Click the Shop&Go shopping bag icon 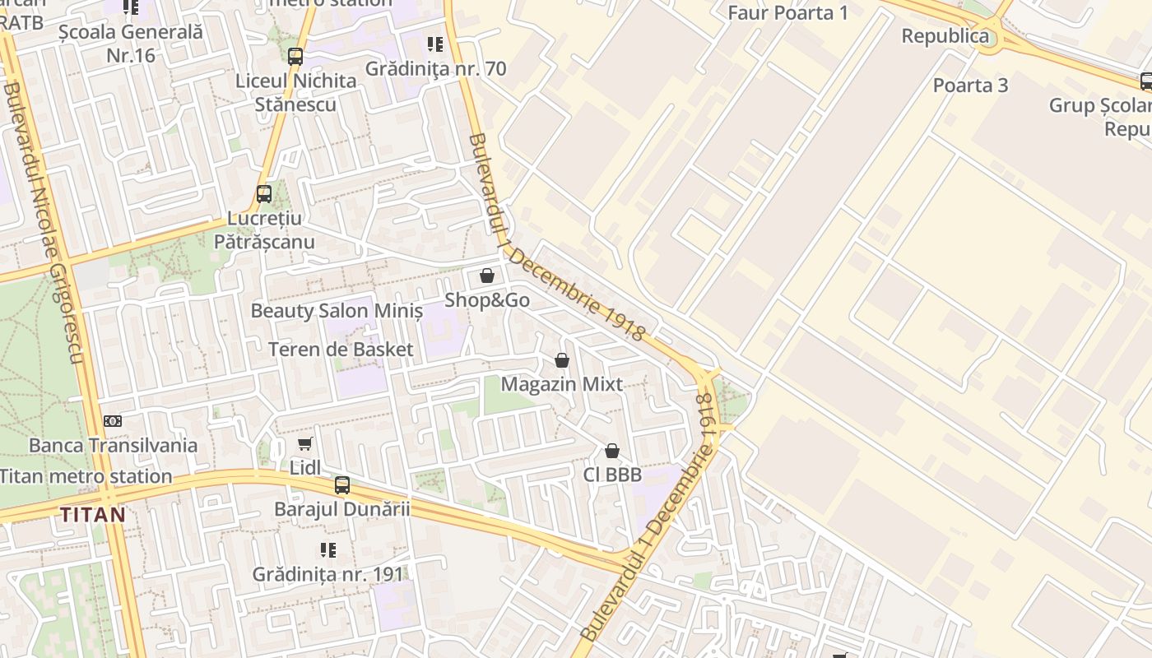pos(486,276)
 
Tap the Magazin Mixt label pos(562,384)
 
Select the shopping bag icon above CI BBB pos(611,451)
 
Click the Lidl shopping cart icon pos(304,444)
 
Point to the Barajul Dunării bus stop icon pos(341,485)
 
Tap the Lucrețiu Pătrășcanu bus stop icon pos(263,194)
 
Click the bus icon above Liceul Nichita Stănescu pos(295,57)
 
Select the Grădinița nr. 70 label pos(435,68)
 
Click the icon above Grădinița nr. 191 pos(327,549)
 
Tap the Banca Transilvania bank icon pos(113,421)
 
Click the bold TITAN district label pos(93,515)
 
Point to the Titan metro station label pos(86,475)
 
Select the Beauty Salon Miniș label pos(337,311)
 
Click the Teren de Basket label pos(341,349)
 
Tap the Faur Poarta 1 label pos(787,12)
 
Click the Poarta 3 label pos(970,85)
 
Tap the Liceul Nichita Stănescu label pos(295,92)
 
